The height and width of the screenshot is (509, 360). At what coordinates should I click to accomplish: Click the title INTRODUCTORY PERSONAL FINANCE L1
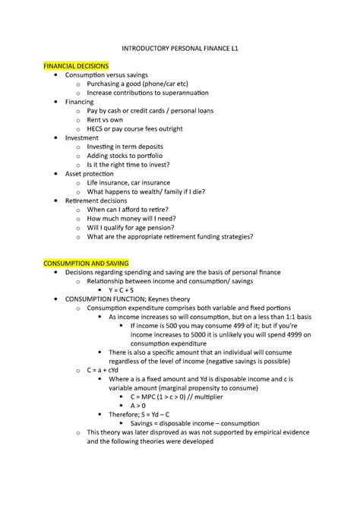click(179, 47)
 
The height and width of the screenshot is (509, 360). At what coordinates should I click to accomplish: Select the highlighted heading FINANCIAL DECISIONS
click(76, 66)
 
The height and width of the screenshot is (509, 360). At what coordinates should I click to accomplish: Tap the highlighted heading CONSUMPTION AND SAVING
click(87, 261)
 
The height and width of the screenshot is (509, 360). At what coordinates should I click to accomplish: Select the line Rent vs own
click(106, 120)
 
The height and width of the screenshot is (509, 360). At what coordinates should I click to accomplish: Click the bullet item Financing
click(79, 102)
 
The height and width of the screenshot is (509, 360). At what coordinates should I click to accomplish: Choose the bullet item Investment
click(81, 138)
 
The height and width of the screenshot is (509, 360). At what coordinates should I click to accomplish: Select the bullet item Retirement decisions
click(96, 201)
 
